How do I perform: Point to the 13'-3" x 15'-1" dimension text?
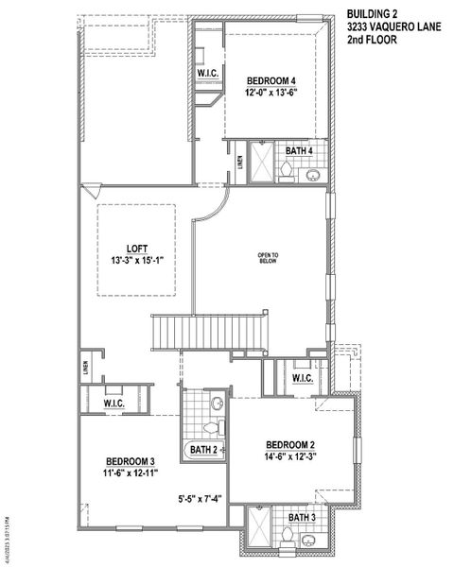(x=138, y=262)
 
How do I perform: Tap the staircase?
(x=190, y=333)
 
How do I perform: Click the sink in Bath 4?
(x=312, y=174)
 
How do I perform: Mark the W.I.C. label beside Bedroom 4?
(x=208, y=74)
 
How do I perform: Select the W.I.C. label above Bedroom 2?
(x=303, y=378)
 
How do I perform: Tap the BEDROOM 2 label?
(x=290, y=445)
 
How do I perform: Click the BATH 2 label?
(x=205, y=450)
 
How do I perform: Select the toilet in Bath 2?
(x=217, y=404)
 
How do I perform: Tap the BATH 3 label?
(x=301, y=517)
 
